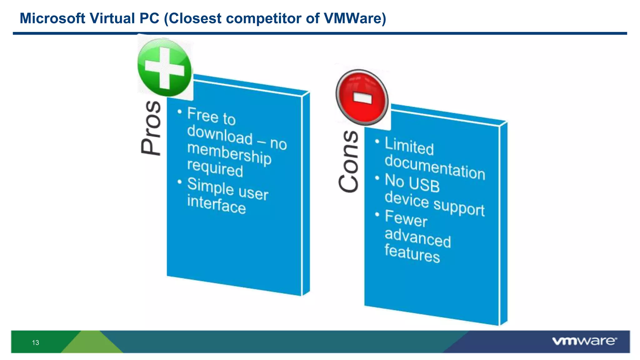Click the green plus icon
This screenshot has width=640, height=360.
(164, 67)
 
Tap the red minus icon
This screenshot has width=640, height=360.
(362, 97)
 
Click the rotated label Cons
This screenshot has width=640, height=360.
(348, 161)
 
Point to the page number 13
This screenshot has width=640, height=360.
(35, 342)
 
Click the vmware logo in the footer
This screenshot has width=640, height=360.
(584, 341)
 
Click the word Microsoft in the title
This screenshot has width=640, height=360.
(52, 18)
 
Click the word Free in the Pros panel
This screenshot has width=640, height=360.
(202, 114)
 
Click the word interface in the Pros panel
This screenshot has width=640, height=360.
(216, 204)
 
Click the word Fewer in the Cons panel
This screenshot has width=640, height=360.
(406, 219)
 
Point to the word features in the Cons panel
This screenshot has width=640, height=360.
(412, 253)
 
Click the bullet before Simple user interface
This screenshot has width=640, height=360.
(179, 182)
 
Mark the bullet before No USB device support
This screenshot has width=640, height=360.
(377, 178)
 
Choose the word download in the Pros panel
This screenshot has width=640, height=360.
(219, 135)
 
